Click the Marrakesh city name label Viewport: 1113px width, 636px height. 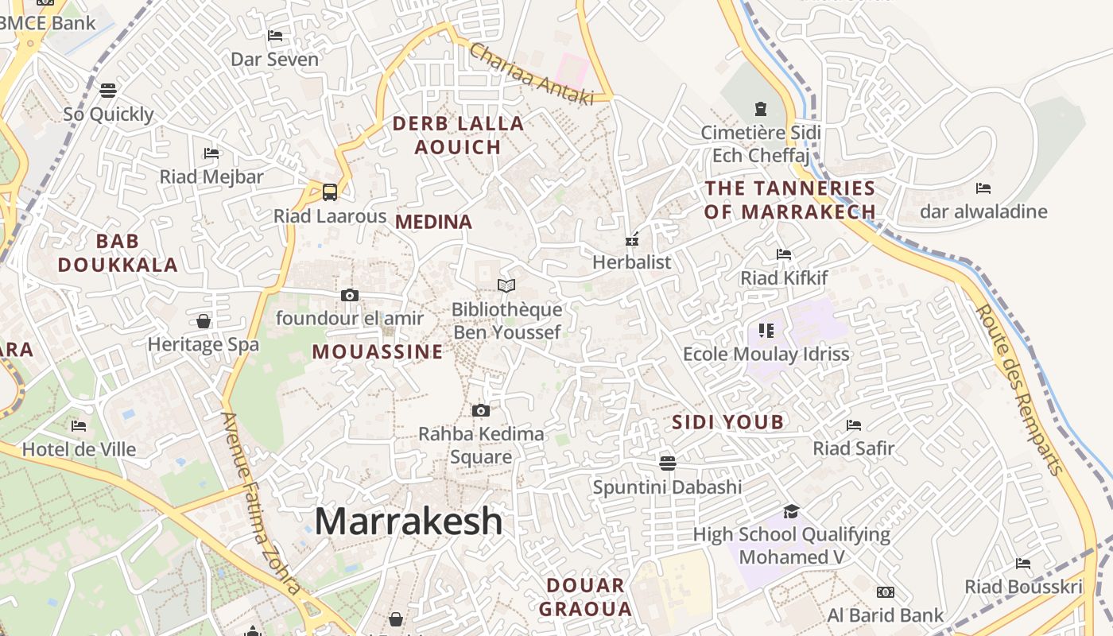(409, 522)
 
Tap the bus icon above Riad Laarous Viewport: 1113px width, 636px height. (329, 192)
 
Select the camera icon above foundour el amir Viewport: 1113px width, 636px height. (349, 295)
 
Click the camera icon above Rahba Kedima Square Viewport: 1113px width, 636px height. (480, 410)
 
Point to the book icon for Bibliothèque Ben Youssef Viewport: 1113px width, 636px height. (506, 285)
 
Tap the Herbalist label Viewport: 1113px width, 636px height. (632, 262)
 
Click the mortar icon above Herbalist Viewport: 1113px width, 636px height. (632, 238)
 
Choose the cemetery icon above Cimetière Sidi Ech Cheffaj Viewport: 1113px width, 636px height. (760, 108)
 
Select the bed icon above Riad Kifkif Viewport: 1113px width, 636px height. (784, 254)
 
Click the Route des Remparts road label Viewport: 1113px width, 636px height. (1020, 390)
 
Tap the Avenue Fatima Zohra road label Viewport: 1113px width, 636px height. (261, 503)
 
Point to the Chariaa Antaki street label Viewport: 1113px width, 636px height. (531, 73)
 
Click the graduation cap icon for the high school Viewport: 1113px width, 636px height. (790, 511)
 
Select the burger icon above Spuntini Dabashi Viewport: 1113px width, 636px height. (667, 463)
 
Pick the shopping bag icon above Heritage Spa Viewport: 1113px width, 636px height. (204, 321)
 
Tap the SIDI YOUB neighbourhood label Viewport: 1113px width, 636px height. (728, 422)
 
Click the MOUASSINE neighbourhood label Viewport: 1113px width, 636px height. (378, 352)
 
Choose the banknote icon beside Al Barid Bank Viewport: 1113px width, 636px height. (885, 592)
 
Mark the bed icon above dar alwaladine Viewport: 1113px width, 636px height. (983, 188)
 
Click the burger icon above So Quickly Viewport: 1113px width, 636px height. (108, 91)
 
